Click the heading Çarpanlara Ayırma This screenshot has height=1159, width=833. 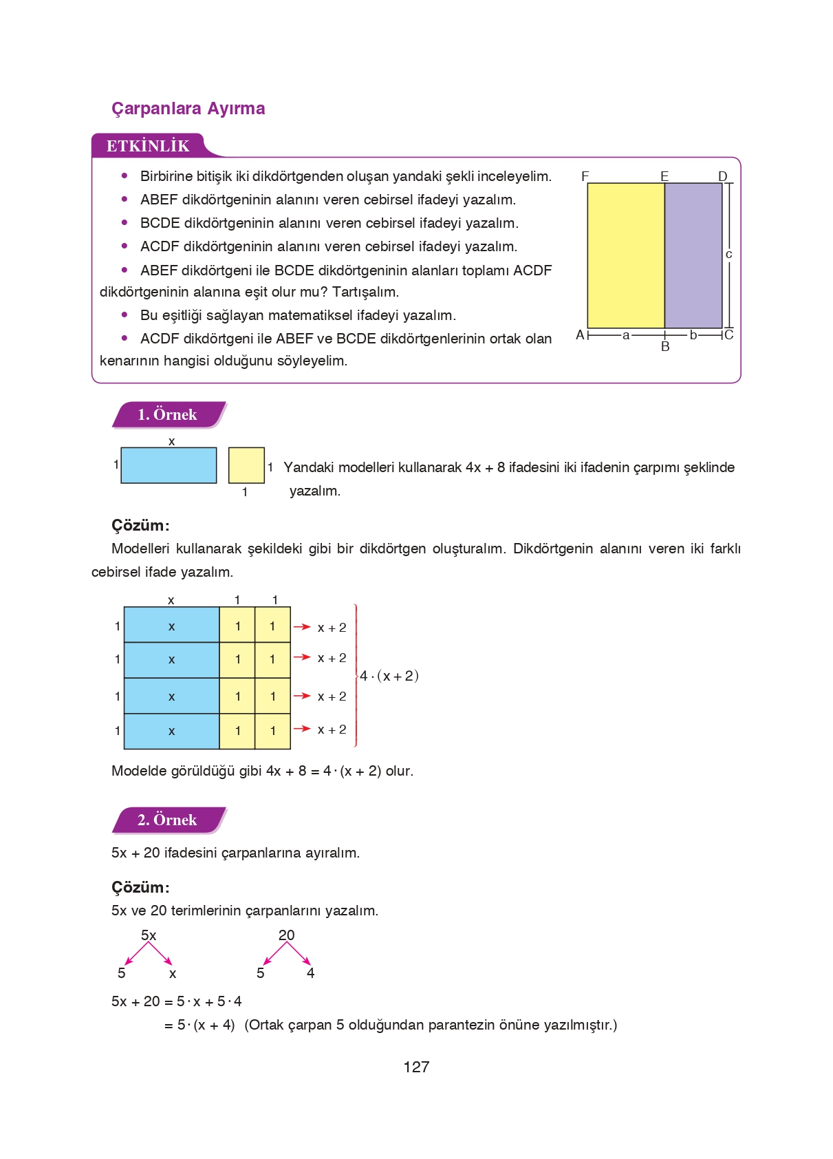click(x=188, y=108)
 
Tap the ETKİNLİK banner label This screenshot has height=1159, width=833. click(x=148, y=146)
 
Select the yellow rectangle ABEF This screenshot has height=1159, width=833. click(x=625, y=255)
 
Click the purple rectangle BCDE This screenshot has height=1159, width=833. click(x=693, y=255)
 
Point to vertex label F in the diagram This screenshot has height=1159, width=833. click(x=585, y=176)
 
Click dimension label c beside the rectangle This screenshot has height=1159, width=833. click(x=729, y=254)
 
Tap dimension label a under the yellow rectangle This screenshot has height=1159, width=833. click(x=626, y=335)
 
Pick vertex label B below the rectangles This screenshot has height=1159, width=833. click(x=664, y=347)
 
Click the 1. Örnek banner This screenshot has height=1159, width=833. click(x=167, y=414)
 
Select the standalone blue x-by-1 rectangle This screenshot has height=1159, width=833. click(x=169, y=465)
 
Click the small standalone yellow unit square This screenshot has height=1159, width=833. click(x=246, y=465)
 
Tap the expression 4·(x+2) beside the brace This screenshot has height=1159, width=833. click(x=389, y=676)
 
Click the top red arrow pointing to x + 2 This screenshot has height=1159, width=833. click(x=302, y=627)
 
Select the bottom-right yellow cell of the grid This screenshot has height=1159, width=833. click(x=272, y=731)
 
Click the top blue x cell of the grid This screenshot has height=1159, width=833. click(x=171, y=625)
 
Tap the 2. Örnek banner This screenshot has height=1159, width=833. click(x=167, y=820)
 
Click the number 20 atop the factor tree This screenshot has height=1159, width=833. click(x=286, y=935)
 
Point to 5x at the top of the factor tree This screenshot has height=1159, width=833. click(x=149, y=935)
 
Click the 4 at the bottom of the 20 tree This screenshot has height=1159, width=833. click(x=310, y=973)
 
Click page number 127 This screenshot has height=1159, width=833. click(x=416, y=1067)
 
